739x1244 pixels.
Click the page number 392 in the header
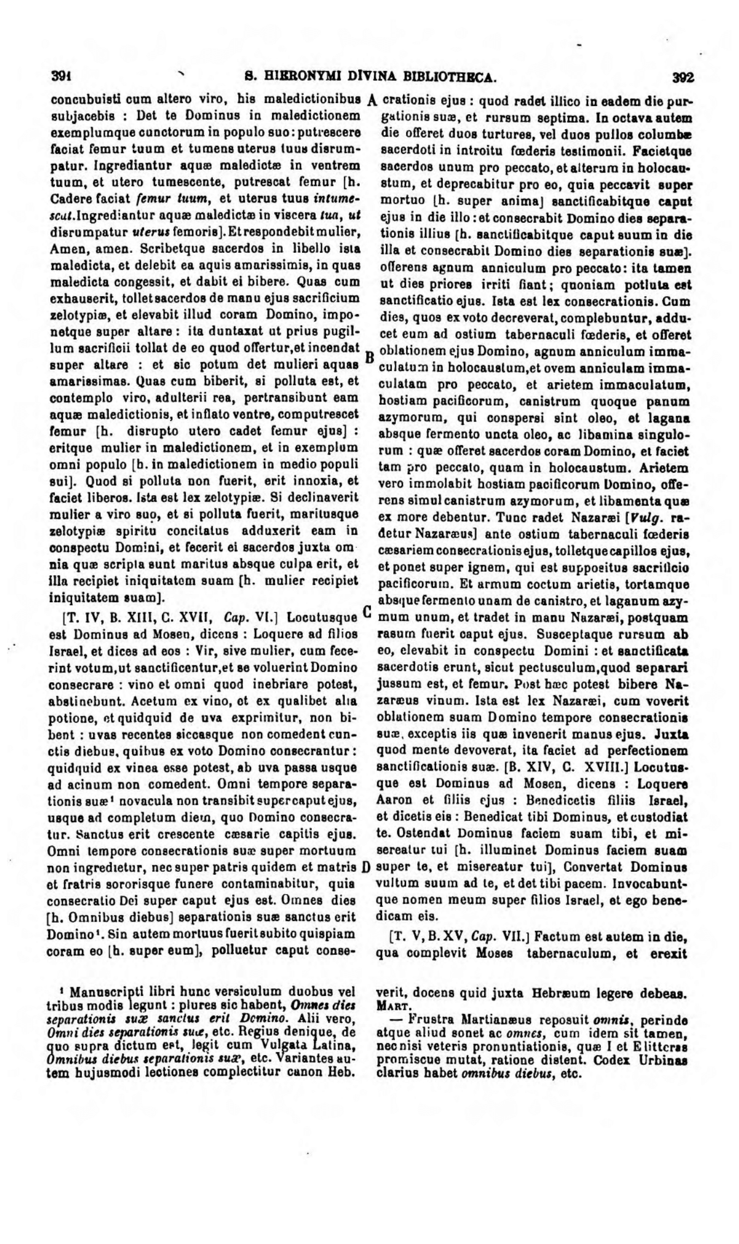pyautogui.click(x=682, y=77)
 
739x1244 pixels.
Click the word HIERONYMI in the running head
pyautogui.click(x=298, y=77)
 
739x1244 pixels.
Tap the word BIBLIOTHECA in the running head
pyautogui.click(x=451, y=77)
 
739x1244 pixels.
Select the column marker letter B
pyautogui.click(x=369, y=356)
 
